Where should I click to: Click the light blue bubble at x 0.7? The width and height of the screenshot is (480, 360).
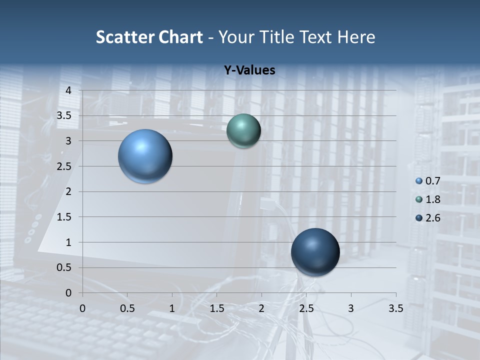145,156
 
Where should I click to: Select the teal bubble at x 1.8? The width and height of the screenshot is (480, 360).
243,130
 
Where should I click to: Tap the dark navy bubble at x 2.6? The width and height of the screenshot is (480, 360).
315,252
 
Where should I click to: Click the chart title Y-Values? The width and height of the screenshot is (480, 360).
249,70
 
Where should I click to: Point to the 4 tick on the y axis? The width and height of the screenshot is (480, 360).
69,90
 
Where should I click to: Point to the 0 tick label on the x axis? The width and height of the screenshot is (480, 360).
82,308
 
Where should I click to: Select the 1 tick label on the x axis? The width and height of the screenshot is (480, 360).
172,308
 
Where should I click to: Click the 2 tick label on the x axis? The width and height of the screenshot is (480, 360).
261,308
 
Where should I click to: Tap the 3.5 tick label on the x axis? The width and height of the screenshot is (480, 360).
395,308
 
